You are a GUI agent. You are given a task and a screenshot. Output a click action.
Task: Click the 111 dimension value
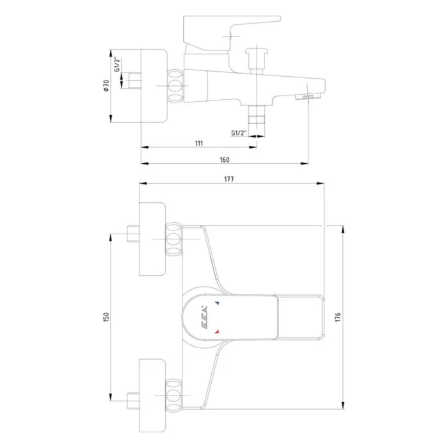(199, 143)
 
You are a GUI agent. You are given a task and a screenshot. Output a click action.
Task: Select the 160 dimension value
(225, 160)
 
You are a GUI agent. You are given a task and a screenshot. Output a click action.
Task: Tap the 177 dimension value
(229, 179)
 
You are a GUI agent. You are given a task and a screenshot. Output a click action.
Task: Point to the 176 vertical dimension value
(338, 317)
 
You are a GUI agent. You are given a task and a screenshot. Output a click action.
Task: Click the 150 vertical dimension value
(106, 317)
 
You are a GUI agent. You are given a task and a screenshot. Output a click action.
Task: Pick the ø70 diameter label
(106, 85)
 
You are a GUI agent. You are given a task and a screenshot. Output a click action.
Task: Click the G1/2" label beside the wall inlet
(117, 65)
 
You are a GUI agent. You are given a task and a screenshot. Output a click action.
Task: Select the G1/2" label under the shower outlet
(239, 133)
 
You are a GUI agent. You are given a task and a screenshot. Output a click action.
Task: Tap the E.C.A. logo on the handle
(202, 317)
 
